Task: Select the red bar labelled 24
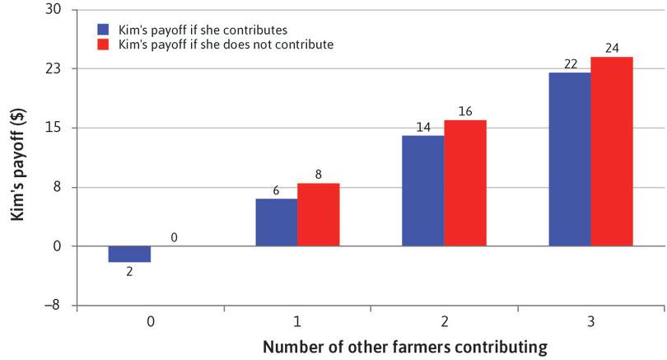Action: (612, 152)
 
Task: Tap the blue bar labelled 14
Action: (422, 190)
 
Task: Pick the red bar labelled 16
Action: (465, 183)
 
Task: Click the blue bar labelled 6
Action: (276, 222)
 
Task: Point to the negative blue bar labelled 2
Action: (129, 254)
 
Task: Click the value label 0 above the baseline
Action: (174, 238)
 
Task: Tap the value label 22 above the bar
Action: (569, 63)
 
